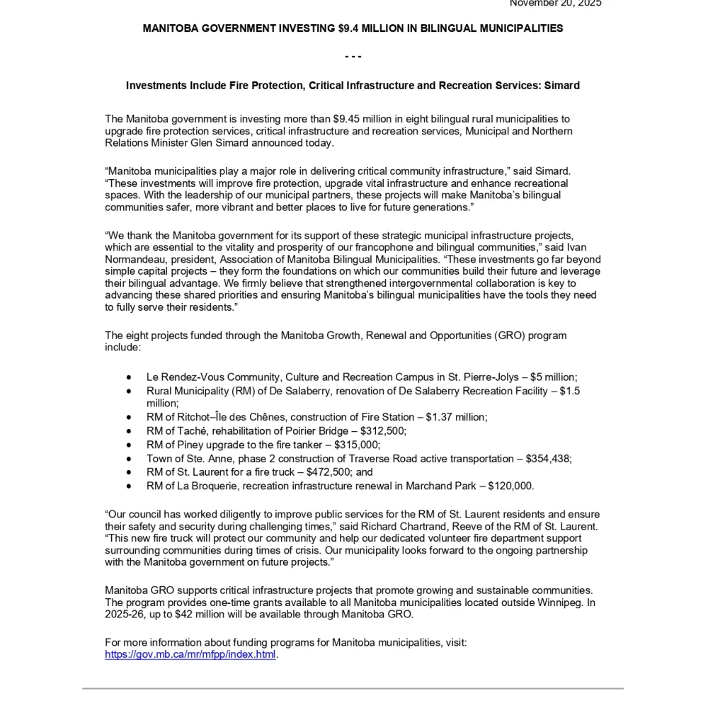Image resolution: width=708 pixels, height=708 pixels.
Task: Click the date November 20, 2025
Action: [x=555, y=4]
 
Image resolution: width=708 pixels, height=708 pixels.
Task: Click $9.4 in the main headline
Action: [x=350, y=28]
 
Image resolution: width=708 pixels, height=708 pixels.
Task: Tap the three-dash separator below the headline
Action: [x=353, y=57]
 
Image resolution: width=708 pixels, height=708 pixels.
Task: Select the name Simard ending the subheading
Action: [x=562, y=86]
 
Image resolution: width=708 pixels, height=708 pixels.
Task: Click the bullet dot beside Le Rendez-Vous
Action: [x=129, y=377]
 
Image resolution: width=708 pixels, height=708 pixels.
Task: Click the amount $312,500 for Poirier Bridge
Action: [x=382, y=431]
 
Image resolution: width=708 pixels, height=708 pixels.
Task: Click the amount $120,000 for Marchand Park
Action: [x=510, y=486]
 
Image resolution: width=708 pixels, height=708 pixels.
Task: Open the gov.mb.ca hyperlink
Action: [x=190, y=654]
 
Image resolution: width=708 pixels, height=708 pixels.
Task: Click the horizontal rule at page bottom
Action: [x=353, y=688]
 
